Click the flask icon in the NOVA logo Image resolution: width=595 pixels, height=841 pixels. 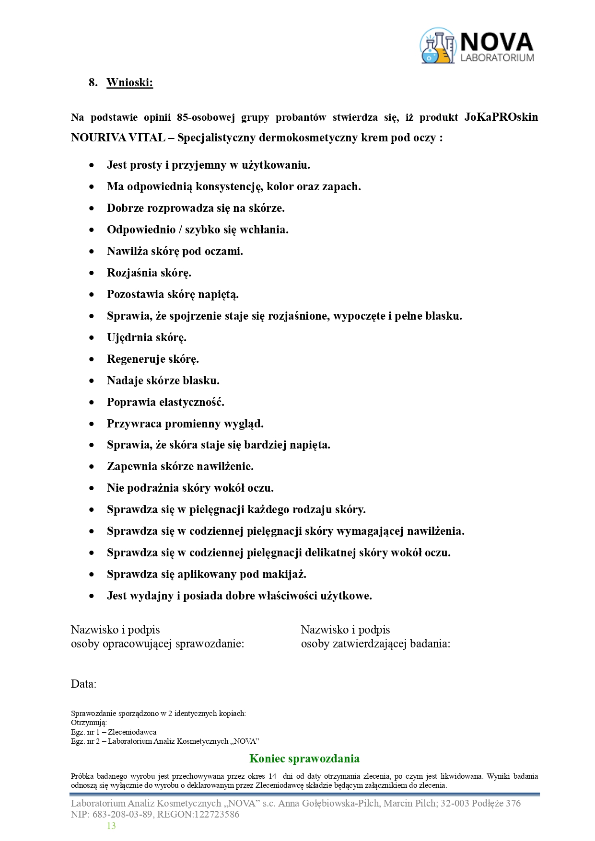[437, 46]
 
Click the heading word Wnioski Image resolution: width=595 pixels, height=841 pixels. [129, 82]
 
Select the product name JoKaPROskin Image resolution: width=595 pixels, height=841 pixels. [501, 117]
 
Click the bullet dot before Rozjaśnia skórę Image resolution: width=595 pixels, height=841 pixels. [92, 273]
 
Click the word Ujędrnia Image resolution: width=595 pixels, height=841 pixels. [126, 337]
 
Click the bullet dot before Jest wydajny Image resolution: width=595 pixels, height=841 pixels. [92, 596]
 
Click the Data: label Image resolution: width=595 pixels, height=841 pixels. [83, 684]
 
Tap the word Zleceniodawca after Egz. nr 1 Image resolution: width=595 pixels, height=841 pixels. [132, 732]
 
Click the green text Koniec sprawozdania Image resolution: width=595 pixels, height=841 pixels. [304, 759]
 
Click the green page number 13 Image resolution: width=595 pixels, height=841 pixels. [111, 826]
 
